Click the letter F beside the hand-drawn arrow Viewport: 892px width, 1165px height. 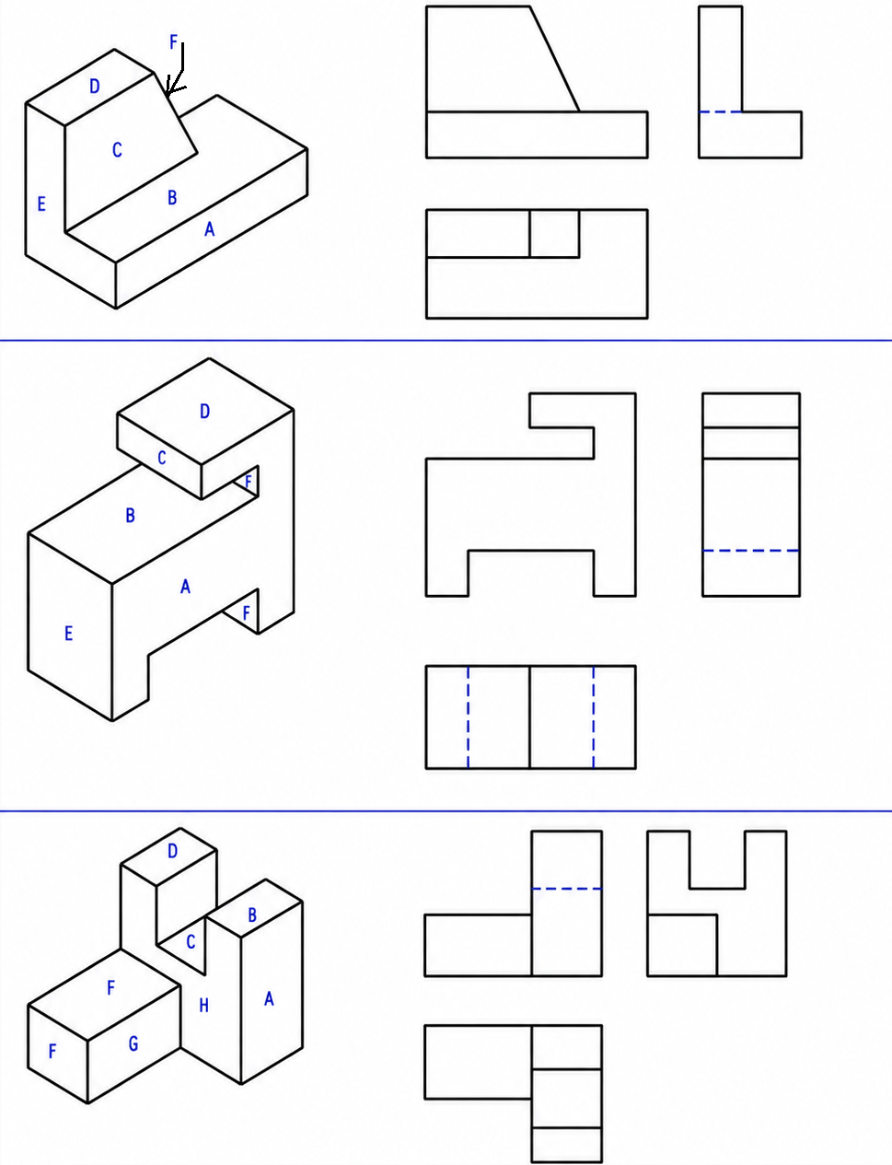[173, 41]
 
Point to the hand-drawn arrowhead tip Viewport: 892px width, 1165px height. [168, 97]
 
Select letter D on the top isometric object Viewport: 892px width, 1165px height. [94, 87]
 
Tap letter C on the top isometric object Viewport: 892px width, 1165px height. [117, 149]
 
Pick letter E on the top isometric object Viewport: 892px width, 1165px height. [41, 204]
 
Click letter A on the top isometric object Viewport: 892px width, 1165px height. [210, 229]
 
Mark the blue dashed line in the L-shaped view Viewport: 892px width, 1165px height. [721, 112]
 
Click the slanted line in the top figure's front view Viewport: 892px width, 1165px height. [554, 59]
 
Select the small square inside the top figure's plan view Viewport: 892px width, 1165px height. [554, 234]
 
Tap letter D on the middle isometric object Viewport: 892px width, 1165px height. [204, 412]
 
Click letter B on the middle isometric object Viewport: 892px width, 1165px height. [130, 515]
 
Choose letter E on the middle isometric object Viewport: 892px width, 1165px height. [68, 634]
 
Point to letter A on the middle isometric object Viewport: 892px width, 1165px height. [185, 587]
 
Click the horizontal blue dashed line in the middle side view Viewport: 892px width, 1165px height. [751, 551]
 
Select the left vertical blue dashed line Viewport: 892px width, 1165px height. [469, 717]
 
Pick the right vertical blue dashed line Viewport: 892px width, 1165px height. [594, 717]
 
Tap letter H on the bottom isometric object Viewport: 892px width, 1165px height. [203, 1006]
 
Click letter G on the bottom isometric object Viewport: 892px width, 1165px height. [133, 1043]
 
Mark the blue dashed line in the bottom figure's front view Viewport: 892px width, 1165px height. [567, 889]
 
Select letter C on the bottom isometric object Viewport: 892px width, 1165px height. [191, 942]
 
